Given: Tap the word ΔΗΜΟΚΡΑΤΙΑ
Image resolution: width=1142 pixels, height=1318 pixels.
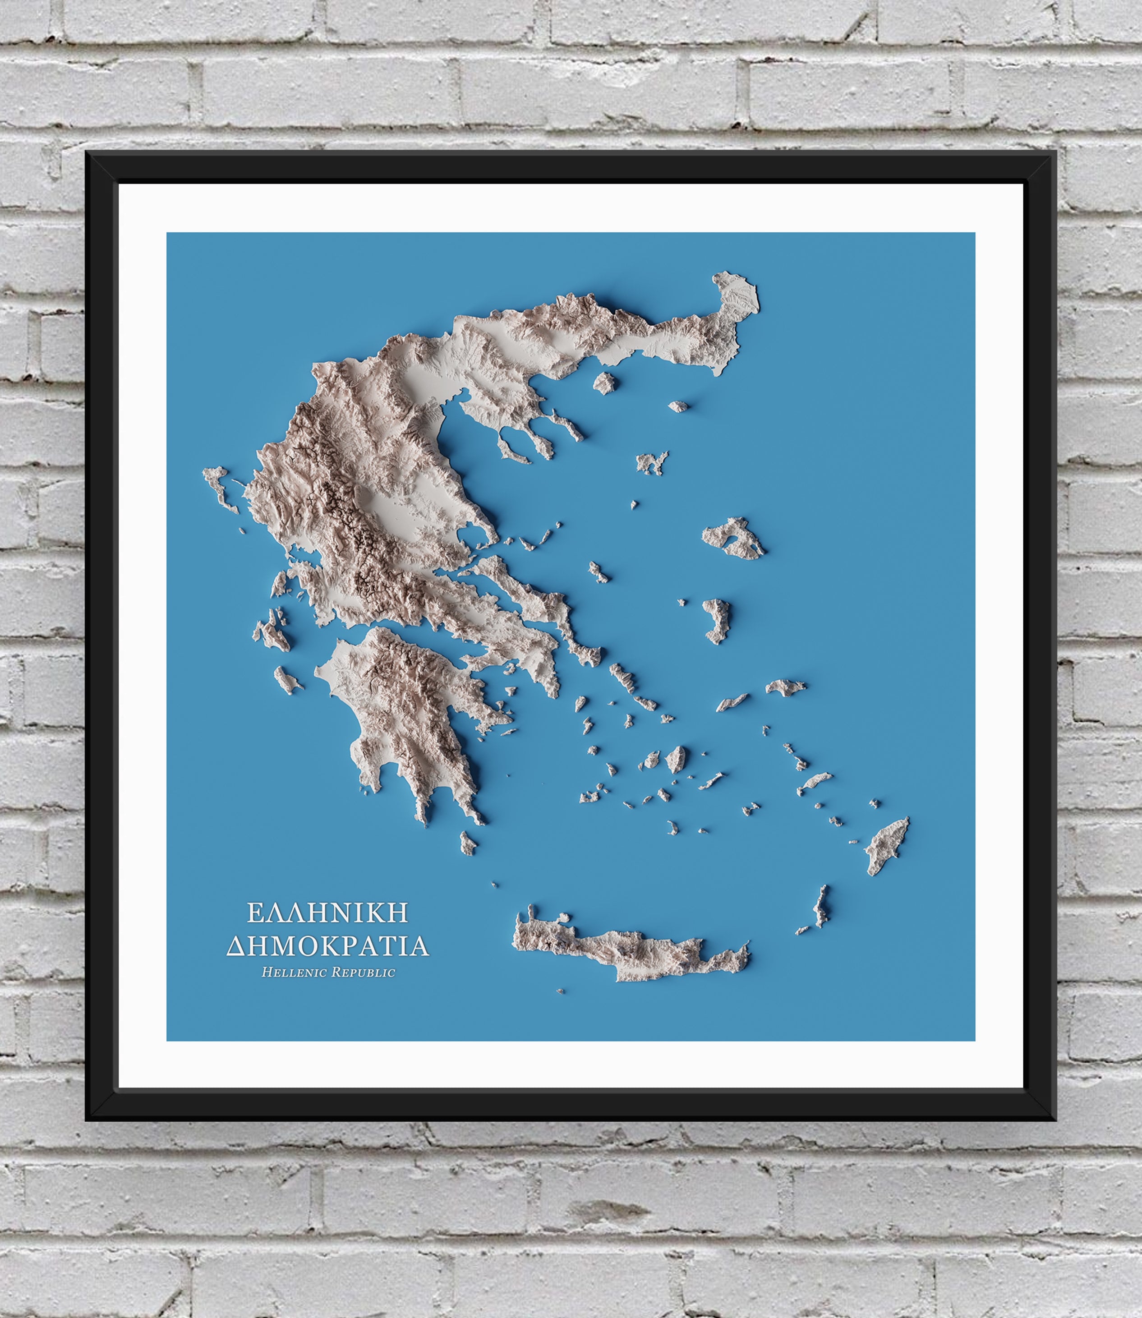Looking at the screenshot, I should pyautogui.click(x=327, y=946).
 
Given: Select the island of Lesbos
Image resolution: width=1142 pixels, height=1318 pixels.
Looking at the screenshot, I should pyautogui.click(x=733, y=537).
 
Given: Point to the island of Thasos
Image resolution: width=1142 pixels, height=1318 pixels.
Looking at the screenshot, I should pyautogui.click(x=604, y=382).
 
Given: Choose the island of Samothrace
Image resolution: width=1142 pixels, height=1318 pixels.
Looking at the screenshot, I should pyautogui.click(x=678, y=406).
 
